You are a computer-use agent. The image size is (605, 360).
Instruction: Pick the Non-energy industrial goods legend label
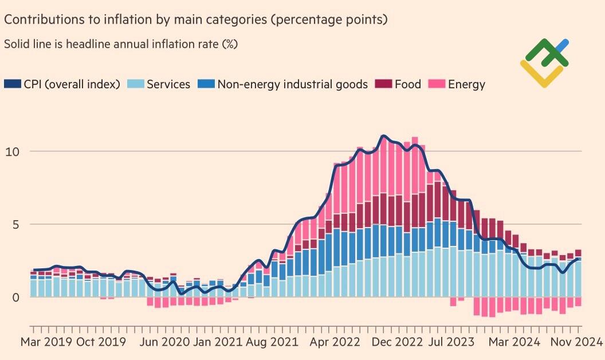coord(292,84)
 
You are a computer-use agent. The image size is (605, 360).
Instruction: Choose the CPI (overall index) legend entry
coord(71,84)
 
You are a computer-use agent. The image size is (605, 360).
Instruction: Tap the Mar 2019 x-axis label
coord(45,342)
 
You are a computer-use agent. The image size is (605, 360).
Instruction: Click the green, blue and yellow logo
coord(544,62)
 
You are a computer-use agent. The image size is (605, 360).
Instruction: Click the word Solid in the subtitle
coord(17,44)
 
